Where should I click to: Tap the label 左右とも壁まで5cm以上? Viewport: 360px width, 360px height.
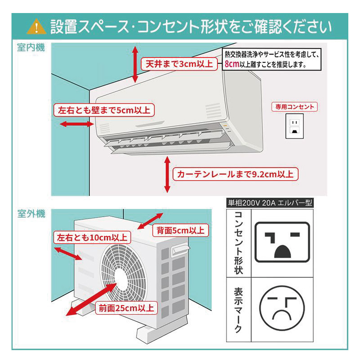[x=104, y=110]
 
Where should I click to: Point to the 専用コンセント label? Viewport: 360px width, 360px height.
[x=294, y=107]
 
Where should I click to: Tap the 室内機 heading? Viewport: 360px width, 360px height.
[x=31, y=48]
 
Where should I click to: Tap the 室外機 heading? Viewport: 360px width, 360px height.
[x=31, y=214]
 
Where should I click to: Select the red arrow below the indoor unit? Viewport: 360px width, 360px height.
[x=167, y=174]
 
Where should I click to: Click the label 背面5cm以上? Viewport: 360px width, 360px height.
[x=180, y=231]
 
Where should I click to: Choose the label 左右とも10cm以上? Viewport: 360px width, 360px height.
[x=91, y=237]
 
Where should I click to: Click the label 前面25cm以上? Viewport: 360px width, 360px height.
[x=126, y=308]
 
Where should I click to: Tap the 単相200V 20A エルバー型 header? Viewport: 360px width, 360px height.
[x=270, y=203]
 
